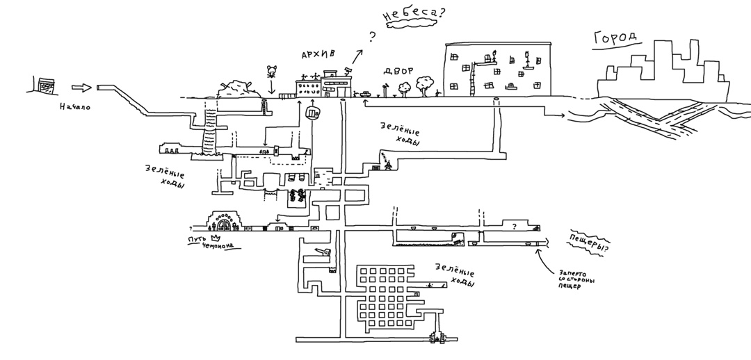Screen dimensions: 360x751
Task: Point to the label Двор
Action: pyautogui.click(x=398, y=71)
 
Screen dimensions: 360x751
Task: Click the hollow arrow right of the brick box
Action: pyautogui.click(x=82, y=88)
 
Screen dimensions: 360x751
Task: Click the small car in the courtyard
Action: pyautogui.click(x=365, y=92)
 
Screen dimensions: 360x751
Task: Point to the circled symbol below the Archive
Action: pyautogui.click(x=312, y=111)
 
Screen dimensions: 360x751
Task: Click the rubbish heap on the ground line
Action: pyautogui.click(x=238, y=88)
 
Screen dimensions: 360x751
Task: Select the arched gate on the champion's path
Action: pyautogui.click(x=225, y=222)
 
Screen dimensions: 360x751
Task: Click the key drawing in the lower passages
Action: pyautogui.click(x=321, y=253)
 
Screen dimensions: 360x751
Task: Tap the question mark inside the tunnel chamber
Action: pyautogui.click(x=514, y=227)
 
